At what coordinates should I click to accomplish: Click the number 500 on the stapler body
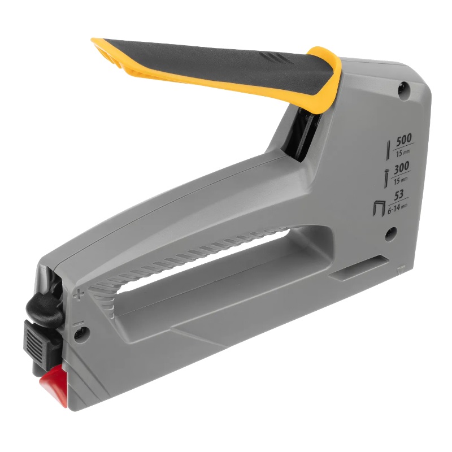point(404,141)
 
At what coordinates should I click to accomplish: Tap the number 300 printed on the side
point(401,168)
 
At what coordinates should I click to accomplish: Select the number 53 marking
point(399,195)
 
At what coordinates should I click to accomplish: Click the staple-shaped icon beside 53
point(379,208)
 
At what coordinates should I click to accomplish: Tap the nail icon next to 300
point(386,179)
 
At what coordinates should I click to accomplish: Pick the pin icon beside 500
point(388,150)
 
